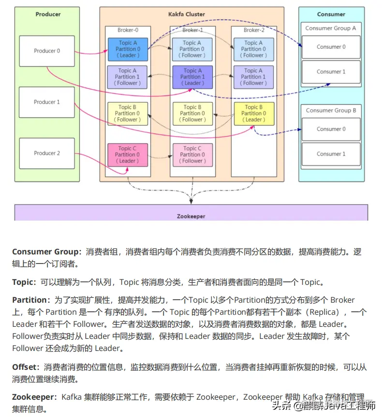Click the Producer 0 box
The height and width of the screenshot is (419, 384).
[47, 51]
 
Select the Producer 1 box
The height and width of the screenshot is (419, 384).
[47, 102]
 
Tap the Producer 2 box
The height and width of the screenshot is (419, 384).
[47, 153]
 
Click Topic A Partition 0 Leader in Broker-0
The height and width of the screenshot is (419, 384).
[128, 49]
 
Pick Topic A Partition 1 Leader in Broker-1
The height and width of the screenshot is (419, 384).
[192, 77]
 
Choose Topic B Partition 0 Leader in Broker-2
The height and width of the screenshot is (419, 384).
[254, 113]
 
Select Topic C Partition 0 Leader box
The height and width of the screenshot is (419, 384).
[128, 154]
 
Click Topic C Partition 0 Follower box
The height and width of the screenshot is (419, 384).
[192, 154]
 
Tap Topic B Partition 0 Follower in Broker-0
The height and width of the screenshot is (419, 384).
[128, 113]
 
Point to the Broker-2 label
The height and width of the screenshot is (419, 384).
[254, 30]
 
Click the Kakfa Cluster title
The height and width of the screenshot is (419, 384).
[192, 14]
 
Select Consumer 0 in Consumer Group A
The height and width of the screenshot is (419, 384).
[331, 47]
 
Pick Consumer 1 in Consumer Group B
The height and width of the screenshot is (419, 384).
[331, 154]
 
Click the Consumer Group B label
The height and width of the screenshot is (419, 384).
[331, 111]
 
